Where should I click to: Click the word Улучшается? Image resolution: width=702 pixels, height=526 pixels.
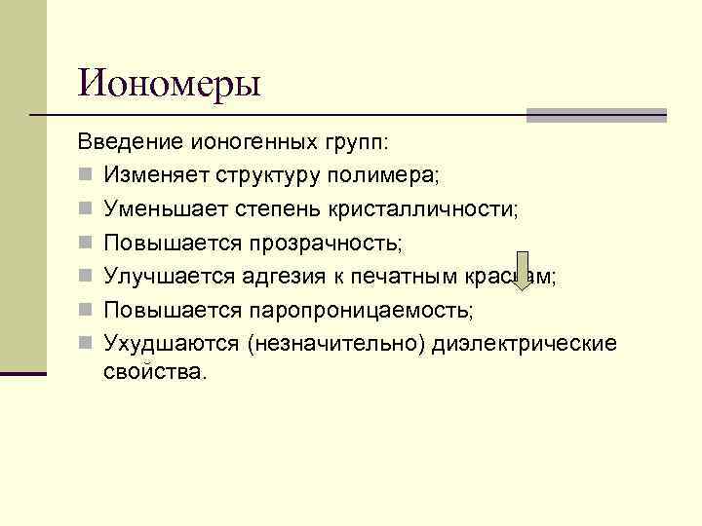point(166,277)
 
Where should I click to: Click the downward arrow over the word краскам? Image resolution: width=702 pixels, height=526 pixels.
point(523,272)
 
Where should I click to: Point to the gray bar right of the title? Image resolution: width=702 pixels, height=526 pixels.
point(596,115)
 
